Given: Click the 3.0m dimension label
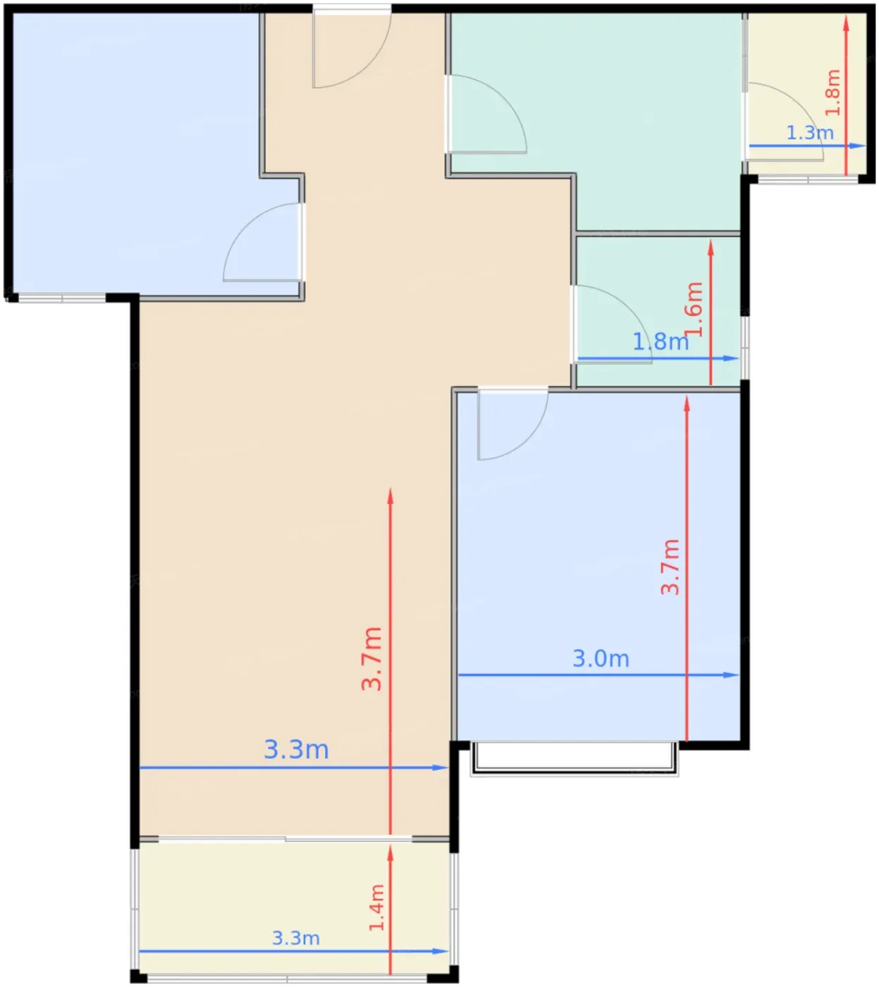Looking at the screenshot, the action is coord(601,658).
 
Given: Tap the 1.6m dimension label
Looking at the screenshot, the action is coord(694,309).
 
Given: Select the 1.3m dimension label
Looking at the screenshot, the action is coord(810,133).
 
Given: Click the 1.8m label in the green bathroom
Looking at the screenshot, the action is coord(660,341).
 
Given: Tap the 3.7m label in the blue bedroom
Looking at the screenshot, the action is coord(670,567).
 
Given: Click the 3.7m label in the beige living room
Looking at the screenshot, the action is coord(371,658).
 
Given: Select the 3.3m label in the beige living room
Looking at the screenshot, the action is coord(296,749).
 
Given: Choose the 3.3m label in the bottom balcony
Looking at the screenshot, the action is coord(296,938).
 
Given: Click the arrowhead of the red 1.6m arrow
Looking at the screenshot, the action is coord(711,247).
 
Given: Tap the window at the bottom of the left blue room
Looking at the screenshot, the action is coord(62,298).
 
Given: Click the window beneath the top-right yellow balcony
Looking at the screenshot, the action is coord(808,180).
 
